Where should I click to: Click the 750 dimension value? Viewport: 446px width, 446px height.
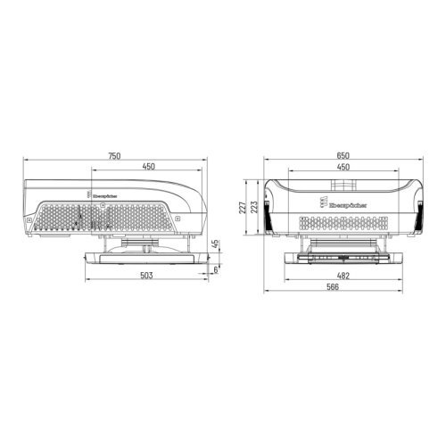[114, 156]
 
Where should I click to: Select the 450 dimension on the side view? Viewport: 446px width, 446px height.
[148, 167]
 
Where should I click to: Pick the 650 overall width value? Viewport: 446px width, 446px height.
[343, 156]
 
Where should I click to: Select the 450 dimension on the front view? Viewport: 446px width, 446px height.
[343, 167]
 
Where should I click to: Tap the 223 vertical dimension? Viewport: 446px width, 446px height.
[255, 209]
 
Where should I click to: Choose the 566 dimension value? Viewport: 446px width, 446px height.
[343, 288]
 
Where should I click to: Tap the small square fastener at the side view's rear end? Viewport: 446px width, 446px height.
[35, 217]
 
